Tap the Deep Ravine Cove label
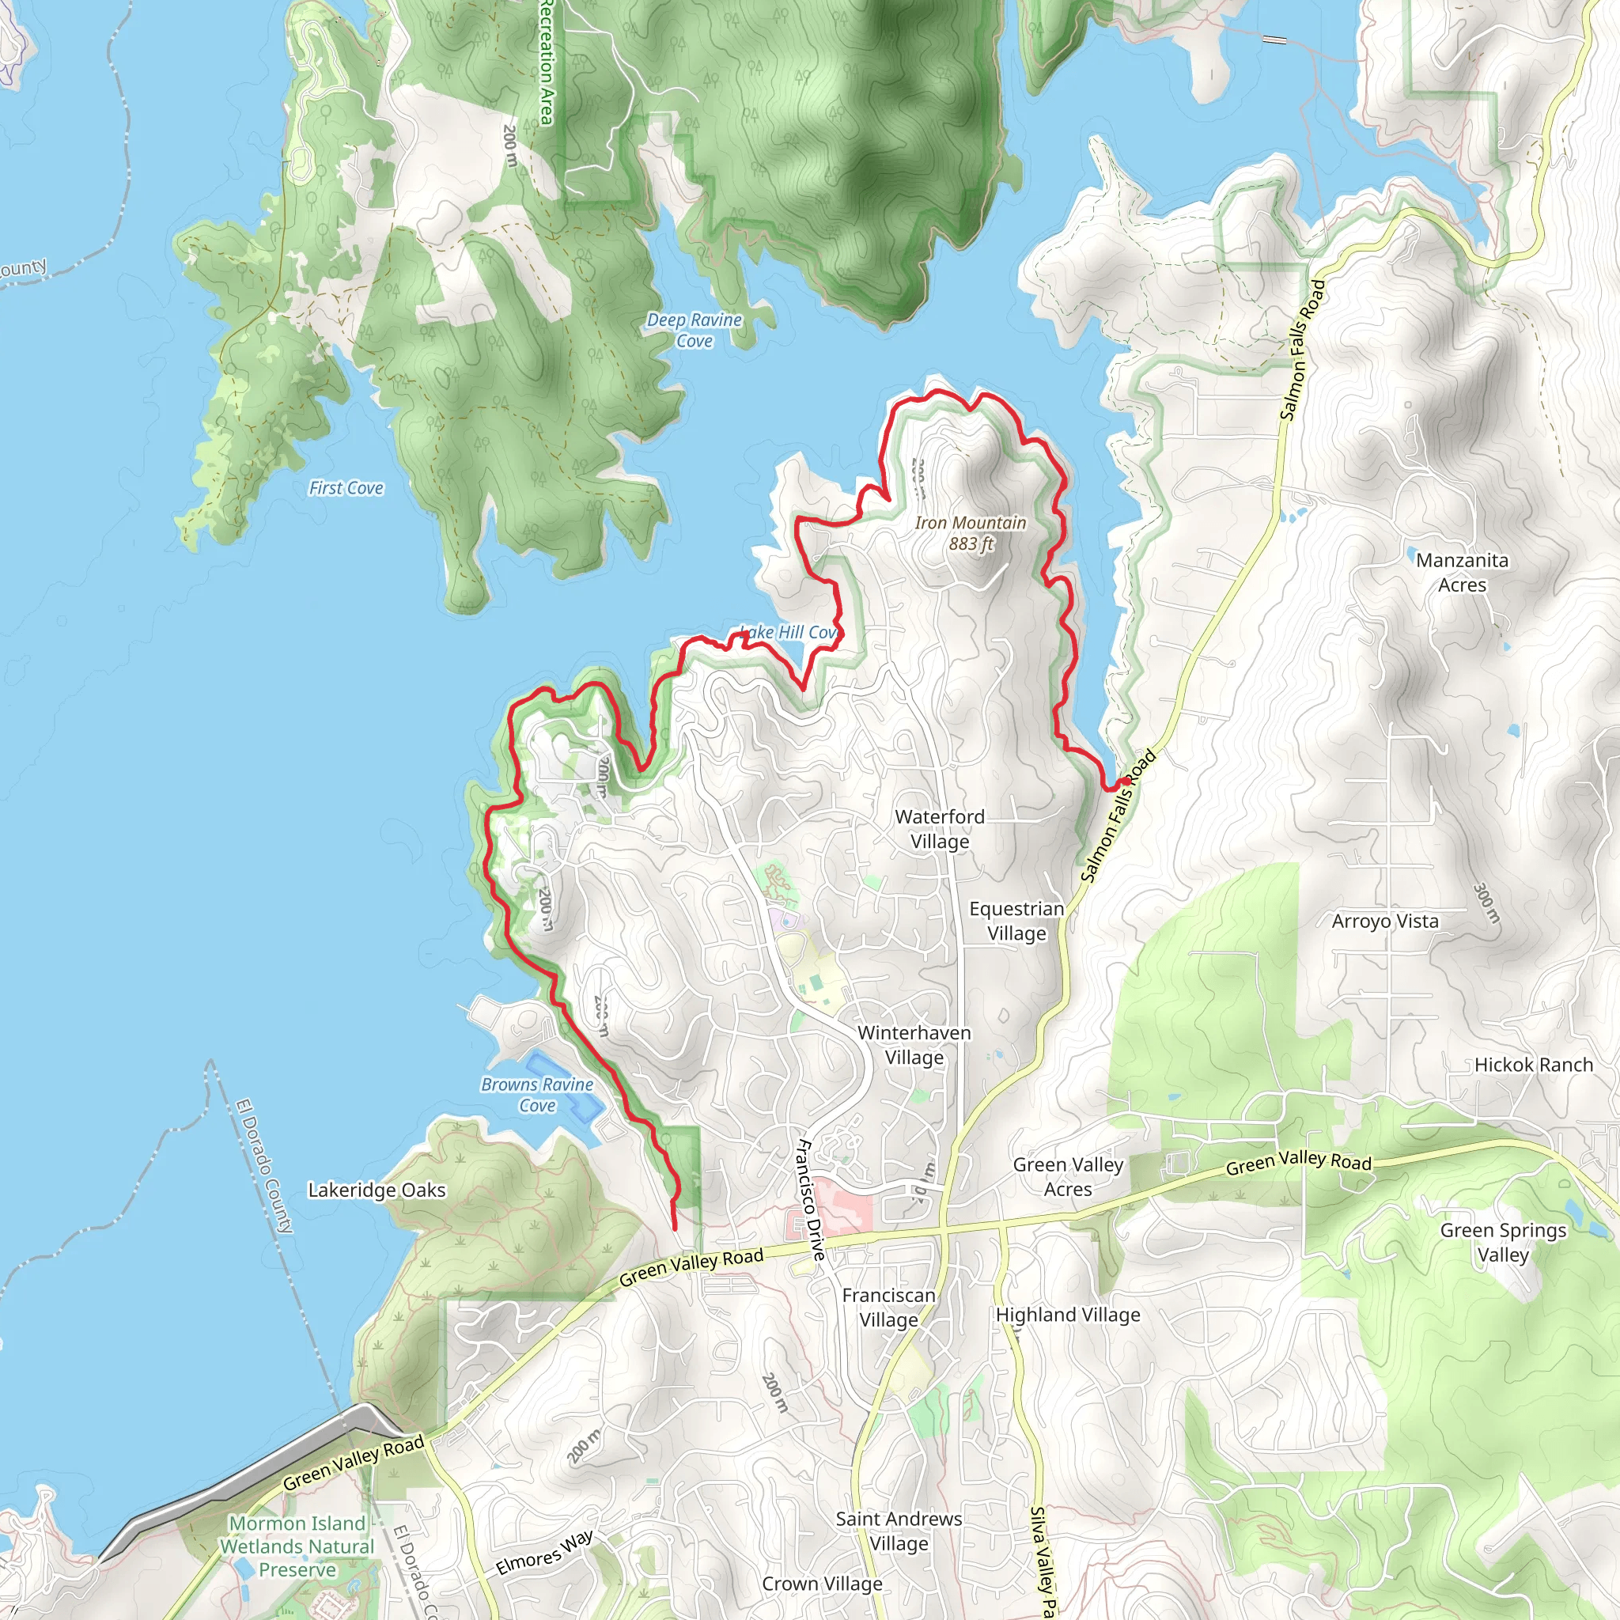[695, 331]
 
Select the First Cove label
[346, 488]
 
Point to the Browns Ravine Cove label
[536, 1095]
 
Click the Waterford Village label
[939, 828]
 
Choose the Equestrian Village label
[1016, 921]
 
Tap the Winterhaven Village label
[914, 1045]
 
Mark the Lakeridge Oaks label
[377, 1190]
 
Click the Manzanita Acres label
[1462, 572]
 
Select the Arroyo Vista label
[1384, 921]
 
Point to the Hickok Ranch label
[1533, 1065]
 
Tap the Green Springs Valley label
[1503, 1242]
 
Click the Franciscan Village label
[888, 1308]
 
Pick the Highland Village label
[1067, 1315]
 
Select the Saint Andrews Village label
[898, 1531]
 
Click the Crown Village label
[822, 1583]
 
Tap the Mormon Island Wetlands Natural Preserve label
[297, 1546]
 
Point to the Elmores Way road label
[544, 1552]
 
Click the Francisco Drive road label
[809, 1199]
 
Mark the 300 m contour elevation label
[1486, 903]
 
